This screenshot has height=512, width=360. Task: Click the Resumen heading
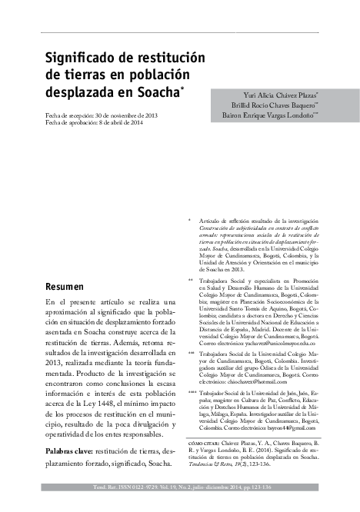tap(68, 287)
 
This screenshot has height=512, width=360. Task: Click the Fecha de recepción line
tap(102, 115)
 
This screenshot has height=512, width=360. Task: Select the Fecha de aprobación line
tap(98, 123)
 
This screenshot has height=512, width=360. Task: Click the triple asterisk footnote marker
tap(192, 353)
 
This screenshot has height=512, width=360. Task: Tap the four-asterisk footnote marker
tap(192, 391)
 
